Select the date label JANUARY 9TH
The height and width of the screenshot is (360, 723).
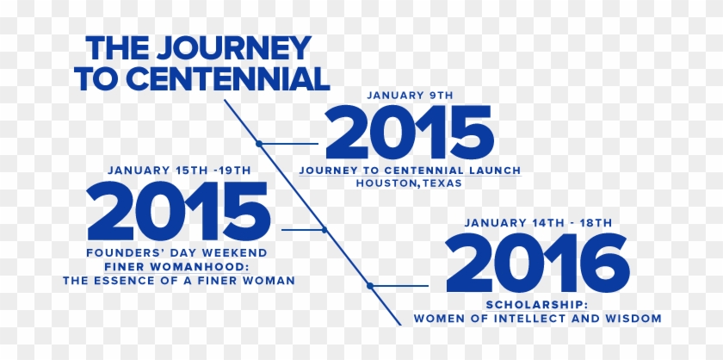tap(409, 95)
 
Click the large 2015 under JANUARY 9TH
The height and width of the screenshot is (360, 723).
tap(409, 133)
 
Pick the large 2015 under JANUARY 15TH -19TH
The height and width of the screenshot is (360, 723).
tap(179, 212)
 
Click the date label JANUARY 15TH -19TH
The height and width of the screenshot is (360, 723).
tap(179, 171)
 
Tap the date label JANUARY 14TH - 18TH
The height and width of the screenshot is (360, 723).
tap(538, 223)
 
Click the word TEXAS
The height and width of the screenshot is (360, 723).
tap(442, 183)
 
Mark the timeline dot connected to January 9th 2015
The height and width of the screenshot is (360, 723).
tap(259, 143)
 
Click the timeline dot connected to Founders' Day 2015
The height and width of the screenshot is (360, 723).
tap(324, 229)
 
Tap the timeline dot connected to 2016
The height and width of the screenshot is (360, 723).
tap(368, 286)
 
